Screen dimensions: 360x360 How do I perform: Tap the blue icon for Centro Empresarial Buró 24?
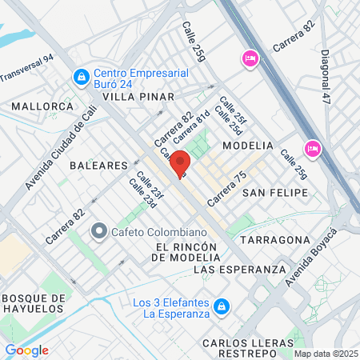[81, 77]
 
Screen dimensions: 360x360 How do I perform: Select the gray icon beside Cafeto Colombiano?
[99, 232]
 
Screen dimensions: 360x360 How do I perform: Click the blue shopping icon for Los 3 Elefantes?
[224, 307]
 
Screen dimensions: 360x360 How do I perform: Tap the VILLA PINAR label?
[138, 97]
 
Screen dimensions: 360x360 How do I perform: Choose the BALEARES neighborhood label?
[99, 165]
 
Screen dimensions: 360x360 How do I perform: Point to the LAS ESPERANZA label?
[239, 270]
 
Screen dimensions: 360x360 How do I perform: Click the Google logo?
[27, 350]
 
